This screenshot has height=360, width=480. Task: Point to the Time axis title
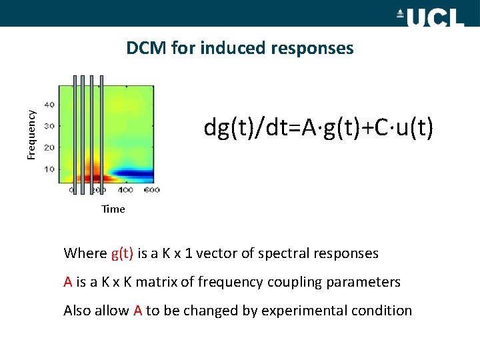pyautogui.click(x=113, y=209)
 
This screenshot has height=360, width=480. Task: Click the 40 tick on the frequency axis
pyautogui.click(x=49, y=105)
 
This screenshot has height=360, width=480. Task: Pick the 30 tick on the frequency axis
pyautogui.click(x=49, y=126)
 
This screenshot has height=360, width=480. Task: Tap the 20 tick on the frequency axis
pyautogui.click(x=49, y=147)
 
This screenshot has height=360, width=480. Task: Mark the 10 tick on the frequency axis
pyautogui.click(x=49, y=169)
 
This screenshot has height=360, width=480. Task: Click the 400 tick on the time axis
pyautogui.click(x=126, y=191)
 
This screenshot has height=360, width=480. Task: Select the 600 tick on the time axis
pyautogui.click(x=151, y=191)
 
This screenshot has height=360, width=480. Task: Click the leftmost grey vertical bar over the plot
pyautogui.click(x=75, y=133)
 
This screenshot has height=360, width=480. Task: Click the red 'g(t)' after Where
pyautogui.click(x=122, y=253)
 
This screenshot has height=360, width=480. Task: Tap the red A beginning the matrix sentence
pyautogui.click(x=68, y=282)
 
